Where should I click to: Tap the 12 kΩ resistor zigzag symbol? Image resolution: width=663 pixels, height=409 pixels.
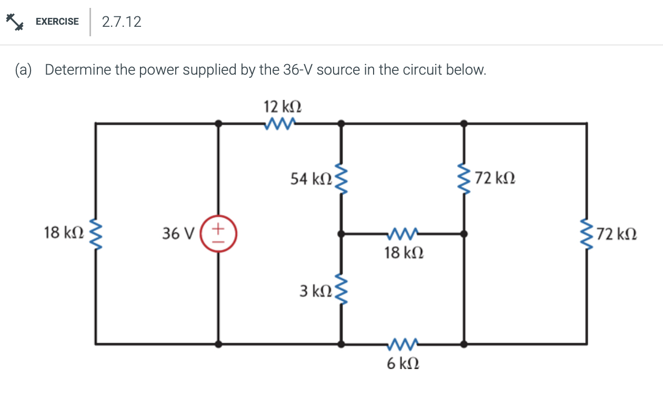pos(280,124)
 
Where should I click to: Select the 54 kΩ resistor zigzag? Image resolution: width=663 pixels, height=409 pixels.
pos(341,179)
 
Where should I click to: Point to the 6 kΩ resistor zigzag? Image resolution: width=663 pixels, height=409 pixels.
pos(403,344)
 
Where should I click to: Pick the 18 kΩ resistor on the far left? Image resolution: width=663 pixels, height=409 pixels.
pos(96,233)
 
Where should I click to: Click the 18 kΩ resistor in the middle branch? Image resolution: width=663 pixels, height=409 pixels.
pos(403,233)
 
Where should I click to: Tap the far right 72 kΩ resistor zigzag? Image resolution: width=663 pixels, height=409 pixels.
pos(587,233)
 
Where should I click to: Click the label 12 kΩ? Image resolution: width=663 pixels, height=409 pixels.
pos(282,107)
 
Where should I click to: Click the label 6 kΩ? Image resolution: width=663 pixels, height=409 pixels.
pos(403,363)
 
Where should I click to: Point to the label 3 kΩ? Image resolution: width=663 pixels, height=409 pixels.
pos(315,290)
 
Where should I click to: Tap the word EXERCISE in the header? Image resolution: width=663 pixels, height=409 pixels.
pos(57,22)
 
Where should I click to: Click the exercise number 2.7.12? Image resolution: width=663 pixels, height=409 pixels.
pos(122,22)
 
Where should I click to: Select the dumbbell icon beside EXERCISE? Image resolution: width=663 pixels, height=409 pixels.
pos(15,22)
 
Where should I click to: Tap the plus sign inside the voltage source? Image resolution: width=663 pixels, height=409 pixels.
pos(220,228)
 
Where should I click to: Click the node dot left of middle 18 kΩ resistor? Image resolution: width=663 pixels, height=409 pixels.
pos(341,233)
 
